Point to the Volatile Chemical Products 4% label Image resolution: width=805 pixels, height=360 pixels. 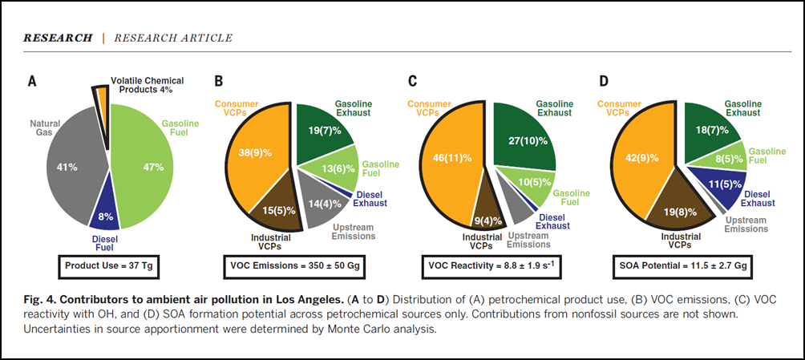coord(147,84)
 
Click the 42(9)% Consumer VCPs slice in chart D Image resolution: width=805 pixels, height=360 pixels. coord(640,159)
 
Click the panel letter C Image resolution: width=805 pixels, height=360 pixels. coord(412,80)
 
